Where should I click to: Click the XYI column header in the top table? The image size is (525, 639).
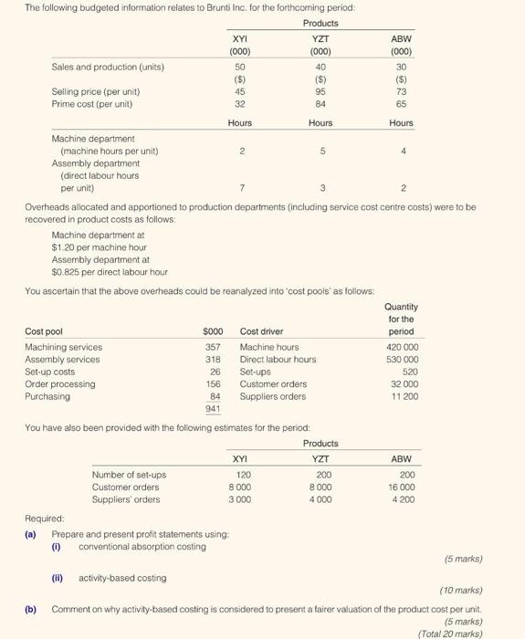[x=240, y=39]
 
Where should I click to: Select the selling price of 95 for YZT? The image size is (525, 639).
[x=320, y=90]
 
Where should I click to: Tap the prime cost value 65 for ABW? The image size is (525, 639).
[x=402, y=103]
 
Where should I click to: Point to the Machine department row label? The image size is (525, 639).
[x=93, y=138]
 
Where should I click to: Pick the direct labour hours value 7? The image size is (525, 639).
[x=240, y=188]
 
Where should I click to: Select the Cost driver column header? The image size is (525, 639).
[x=261, y=331]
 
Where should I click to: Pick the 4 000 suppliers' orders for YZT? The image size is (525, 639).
[x=320, y=499]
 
